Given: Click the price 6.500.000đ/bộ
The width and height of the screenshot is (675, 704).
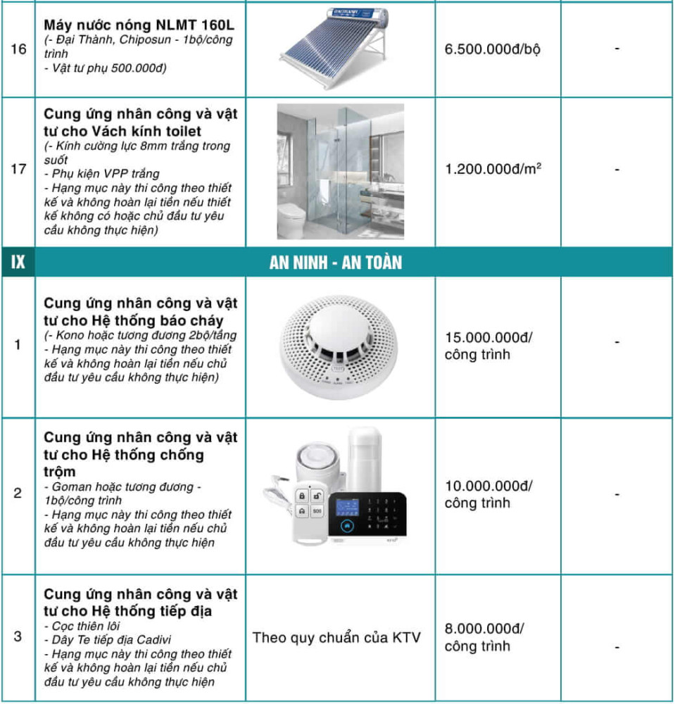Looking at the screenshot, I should coord(493,50).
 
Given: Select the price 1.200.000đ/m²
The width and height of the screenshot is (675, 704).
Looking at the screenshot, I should coord(493,170).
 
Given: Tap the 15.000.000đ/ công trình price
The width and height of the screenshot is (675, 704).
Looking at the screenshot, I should coord(488,346).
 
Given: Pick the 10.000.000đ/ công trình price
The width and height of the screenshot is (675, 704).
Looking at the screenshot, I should coord(488,494).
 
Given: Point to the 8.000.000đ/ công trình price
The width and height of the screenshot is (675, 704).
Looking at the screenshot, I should coord(484,637).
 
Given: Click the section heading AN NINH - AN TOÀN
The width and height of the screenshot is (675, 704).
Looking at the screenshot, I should coord(336,263).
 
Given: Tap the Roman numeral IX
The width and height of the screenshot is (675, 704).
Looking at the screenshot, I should coord(18,263).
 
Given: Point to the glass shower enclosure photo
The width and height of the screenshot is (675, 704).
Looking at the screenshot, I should coord(340,171).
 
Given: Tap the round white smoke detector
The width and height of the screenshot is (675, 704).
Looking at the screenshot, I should coord(340,345).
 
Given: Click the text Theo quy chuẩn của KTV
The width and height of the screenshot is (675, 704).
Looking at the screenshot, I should coord(336,638).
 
